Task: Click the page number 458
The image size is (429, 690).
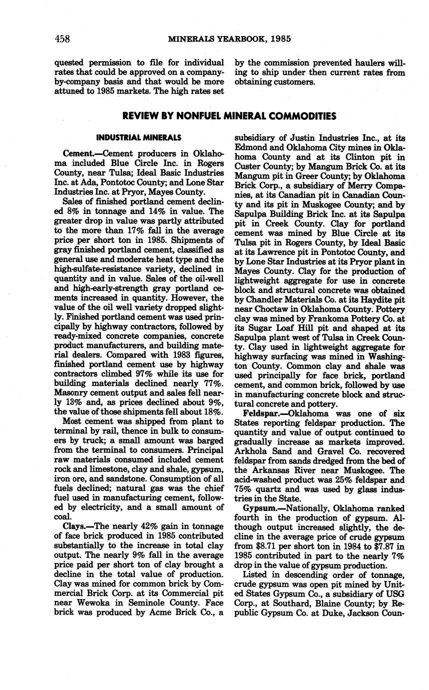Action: (62, 39)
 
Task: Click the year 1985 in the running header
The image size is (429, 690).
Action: (279, 39)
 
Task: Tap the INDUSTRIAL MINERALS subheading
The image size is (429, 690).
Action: (139, 137)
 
